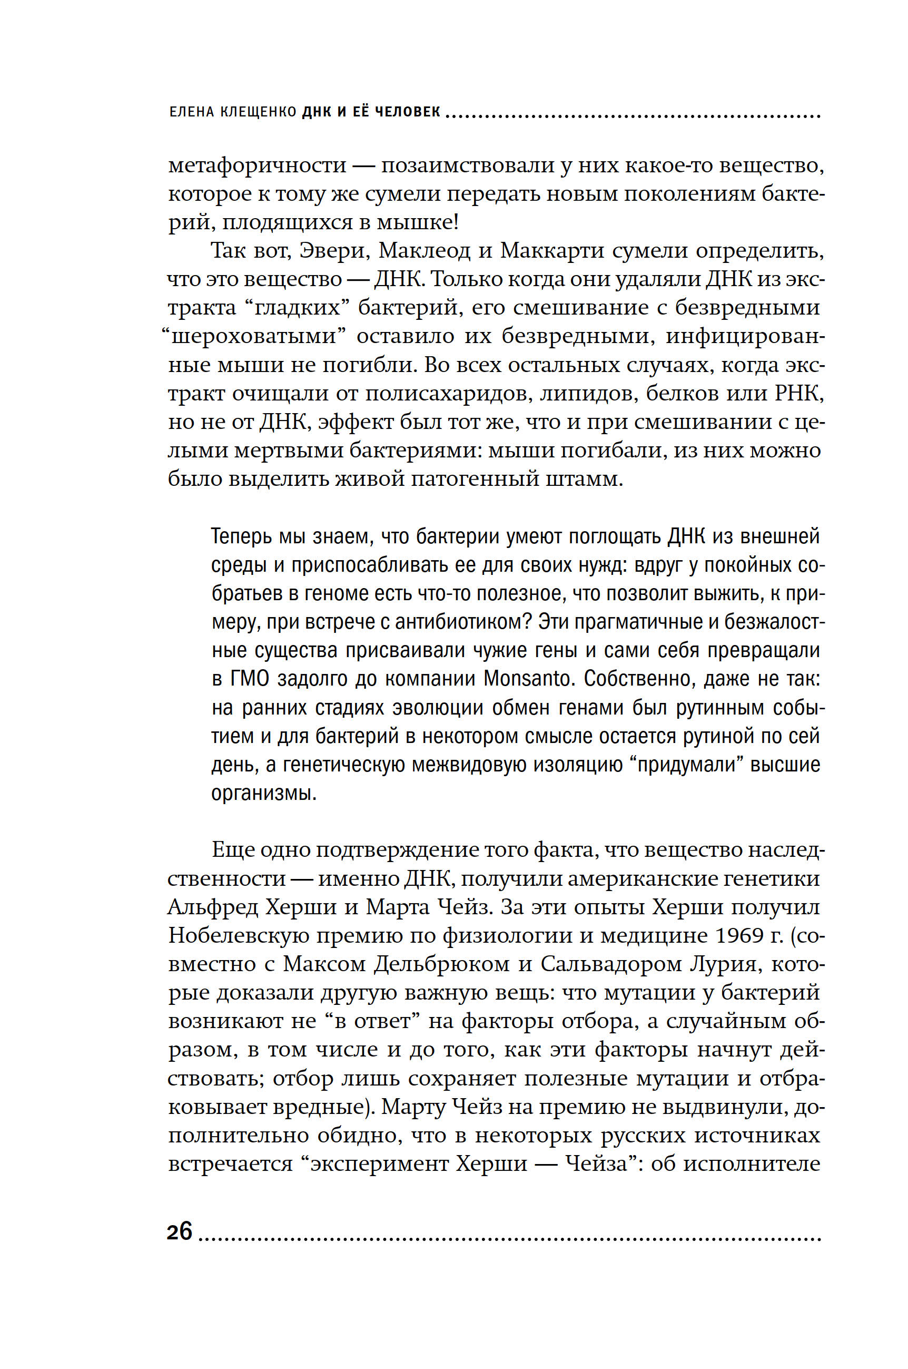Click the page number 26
point(179,1231)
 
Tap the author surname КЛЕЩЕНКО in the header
point(258,112)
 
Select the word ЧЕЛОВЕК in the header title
point(408,112)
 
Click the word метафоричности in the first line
point(257,165)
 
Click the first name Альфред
point(213,907)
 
